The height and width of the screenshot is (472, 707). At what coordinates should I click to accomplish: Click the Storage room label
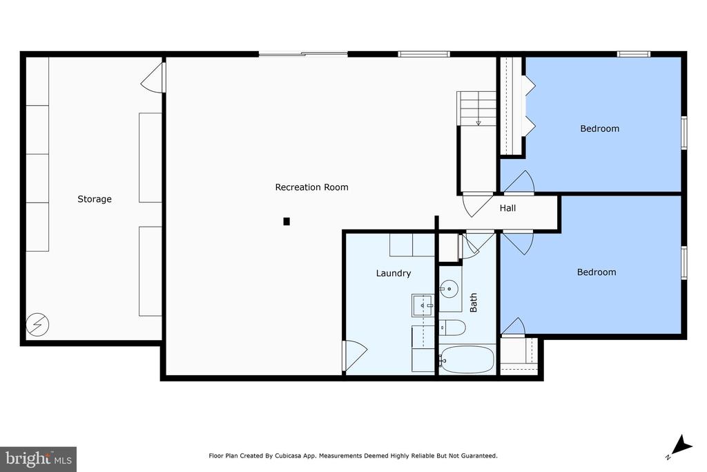coord(94,199)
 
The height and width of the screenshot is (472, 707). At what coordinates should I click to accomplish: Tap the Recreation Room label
coord(311,187)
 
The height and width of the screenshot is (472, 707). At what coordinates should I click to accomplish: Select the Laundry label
coord(393,273)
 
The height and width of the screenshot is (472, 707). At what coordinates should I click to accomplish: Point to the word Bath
coord(474,302)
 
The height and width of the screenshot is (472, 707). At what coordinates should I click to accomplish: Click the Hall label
coord(507,208)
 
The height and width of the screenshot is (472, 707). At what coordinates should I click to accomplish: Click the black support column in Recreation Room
coord(287,221)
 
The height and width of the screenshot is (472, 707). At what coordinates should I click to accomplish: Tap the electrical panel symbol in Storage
coord(37,324)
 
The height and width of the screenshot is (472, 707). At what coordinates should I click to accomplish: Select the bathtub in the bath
coord(467,359)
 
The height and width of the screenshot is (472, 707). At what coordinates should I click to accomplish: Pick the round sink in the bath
coord(449,289)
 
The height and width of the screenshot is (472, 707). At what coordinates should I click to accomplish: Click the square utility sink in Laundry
coord(423,305)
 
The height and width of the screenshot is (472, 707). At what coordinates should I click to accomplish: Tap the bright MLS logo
coord(39,460)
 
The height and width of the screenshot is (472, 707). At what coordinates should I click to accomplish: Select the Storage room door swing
coord(153,77)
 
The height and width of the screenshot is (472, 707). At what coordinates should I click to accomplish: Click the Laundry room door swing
coord(355,356)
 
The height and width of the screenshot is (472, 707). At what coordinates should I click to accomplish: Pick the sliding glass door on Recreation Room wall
coord(303,54)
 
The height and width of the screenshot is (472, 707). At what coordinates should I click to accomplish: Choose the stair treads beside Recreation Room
coord(476,108)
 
